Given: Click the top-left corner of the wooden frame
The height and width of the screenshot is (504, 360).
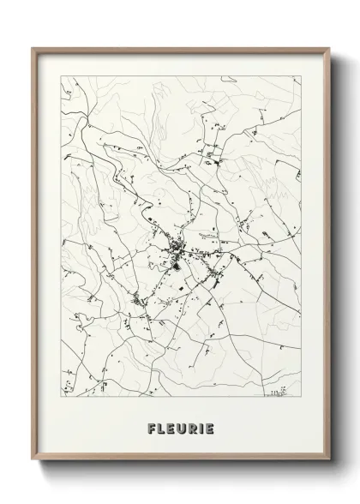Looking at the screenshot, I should point(33,47).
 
